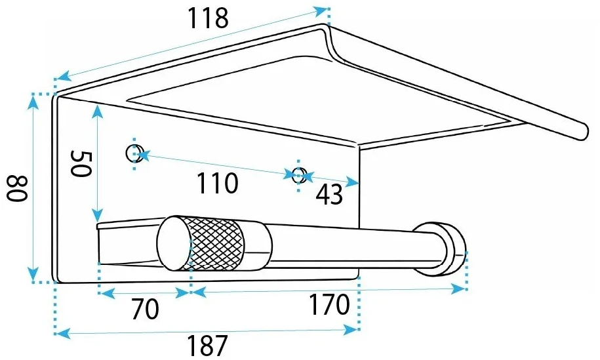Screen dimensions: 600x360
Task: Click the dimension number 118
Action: coord(208,18)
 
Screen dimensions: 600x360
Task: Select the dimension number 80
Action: coord(17,189)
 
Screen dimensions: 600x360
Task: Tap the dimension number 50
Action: coord(81,164)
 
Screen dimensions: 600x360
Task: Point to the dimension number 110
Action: coord(217,183)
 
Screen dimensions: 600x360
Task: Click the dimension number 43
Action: coord(329,194)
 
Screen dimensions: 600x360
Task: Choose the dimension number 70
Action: coord(145,309)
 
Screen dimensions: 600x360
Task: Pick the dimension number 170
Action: coord(329,304)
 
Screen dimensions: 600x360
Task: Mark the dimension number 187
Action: coord(207,346)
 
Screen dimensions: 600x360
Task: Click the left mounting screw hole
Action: coord(134,153)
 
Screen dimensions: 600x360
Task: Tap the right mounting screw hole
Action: coord(299,175)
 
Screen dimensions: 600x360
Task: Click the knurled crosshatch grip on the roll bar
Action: coord(216,243)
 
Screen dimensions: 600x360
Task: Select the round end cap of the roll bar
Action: coord(174,243)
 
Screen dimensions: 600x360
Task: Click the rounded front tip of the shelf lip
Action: coord(581,131)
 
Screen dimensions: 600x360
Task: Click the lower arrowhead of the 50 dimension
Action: coord(98,214)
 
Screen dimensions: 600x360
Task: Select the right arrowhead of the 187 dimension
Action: coord(351,329)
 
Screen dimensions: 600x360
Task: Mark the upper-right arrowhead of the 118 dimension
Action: coord(320,11)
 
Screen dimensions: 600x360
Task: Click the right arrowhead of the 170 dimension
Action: coord(458,289)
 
